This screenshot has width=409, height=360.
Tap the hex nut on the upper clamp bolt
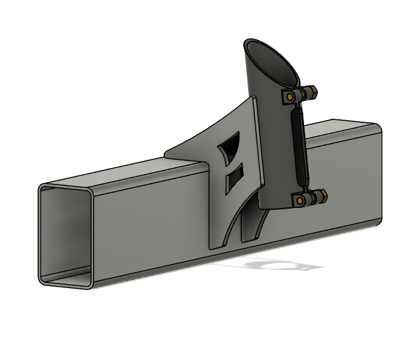pyautogui.click(x=312, y=91)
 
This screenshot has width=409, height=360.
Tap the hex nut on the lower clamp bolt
pyautogui.click(x=321, y=198)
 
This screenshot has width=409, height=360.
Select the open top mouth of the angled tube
pyautogui.click(x=270, y=58)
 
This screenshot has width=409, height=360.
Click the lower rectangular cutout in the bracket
pyautogui.click(x=235, y=178)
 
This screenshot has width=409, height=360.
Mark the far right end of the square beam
pyautogui.click(x=379, y=173)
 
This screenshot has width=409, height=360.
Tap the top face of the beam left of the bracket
pyautogui.click(x=117, y=173)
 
